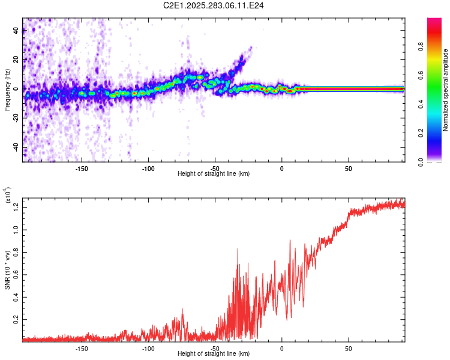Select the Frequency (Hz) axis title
(7, 89)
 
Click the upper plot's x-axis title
(214, 173)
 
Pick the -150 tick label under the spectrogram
(82, 168)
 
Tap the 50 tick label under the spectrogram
(349, 168)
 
